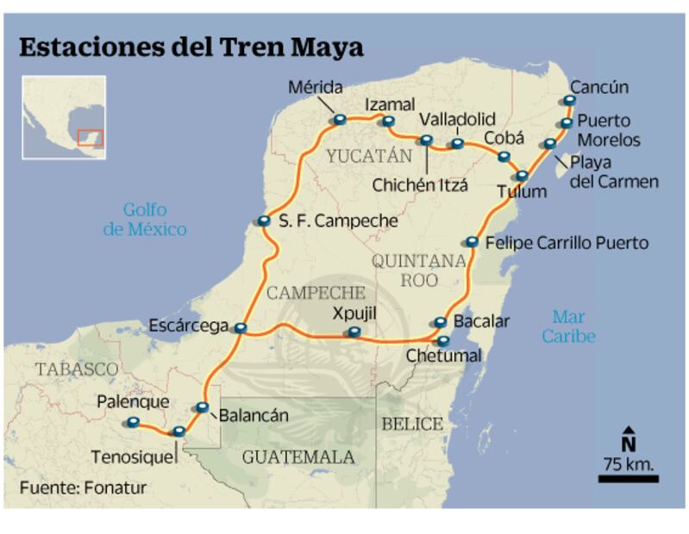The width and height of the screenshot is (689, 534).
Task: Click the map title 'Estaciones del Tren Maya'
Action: (191, 47)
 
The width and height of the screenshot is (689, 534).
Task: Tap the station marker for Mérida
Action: (339, 119)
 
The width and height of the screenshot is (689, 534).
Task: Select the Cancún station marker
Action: (569, 100)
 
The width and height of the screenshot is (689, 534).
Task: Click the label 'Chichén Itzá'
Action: (420, 184)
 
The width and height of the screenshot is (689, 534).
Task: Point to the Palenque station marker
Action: (132, 422)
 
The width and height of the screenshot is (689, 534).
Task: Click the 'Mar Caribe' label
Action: (568, 326)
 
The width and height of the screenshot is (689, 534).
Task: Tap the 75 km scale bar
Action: (628, 478)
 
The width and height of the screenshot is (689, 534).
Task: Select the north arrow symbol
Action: (629, 439)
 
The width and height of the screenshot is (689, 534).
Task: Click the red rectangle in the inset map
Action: (90, 137)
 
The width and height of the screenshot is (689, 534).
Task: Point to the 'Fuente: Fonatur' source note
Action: (83, 487)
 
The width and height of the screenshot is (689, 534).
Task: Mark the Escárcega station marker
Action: (241, 327)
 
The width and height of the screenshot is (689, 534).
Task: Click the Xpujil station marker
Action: (353, 332)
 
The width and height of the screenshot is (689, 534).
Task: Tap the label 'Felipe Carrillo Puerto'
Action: (567, 243)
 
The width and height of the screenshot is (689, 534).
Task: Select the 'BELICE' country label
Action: (412, 425)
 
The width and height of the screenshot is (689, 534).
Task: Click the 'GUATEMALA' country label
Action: (298, 456)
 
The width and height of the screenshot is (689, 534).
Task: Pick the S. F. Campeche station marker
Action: (263, 221)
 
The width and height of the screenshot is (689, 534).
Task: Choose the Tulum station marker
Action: (522, 176)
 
